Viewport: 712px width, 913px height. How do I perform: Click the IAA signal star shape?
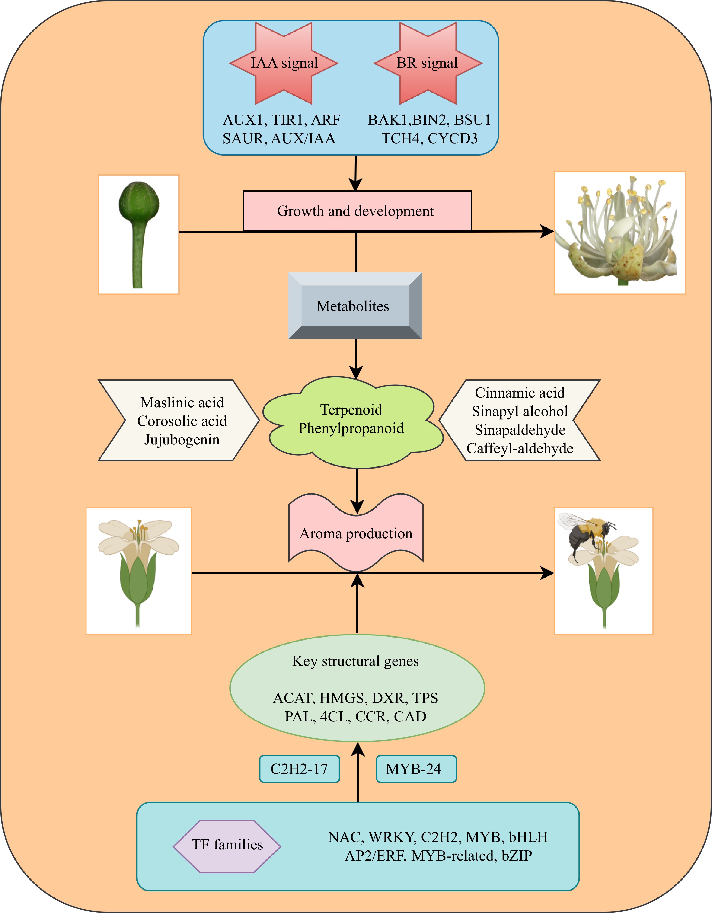[284, 63]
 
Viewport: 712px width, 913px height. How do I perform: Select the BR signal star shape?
[428, 63]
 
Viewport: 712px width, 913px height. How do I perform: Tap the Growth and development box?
[357, 211]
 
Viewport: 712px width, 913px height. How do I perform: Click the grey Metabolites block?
[355, 306]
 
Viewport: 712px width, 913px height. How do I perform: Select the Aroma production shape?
[356, 533]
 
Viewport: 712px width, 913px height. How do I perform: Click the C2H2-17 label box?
[299, 769]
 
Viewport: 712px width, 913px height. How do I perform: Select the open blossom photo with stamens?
[619, 233]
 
